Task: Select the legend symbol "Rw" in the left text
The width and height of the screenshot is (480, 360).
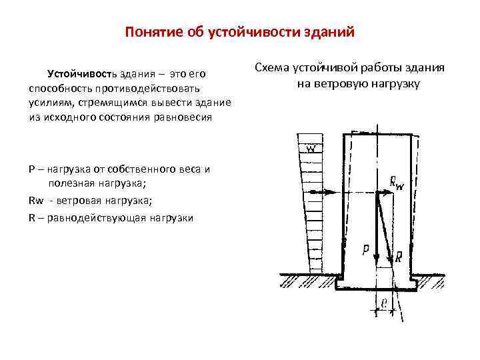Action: [36, 201]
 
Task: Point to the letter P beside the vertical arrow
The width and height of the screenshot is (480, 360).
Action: [365, 250]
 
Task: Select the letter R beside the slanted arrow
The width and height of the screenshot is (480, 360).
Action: [398, 256]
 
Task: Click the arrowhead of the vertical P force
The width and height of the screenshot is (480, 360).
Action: [377, 256]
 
